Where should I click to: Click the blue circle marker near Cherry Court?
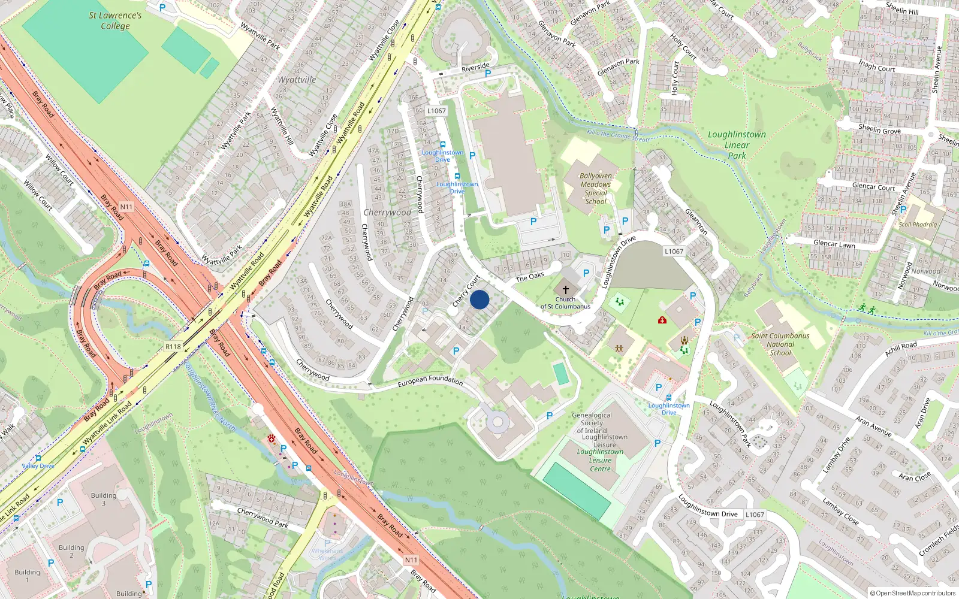pos(479,299)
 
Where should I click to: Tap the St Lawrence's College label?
pos(115,20)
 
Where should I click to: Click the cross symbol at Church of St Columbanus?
pos(565,289)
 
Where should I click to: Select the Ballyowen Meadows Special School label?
pos(596,189)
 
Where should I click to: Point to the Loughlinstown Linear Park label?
pos(737,145)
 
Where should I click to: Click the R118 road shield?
pos(173,346)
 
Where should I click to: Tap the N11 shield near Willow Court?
pos(126,207)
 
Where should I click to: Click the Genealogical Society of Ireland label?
pos(592,423)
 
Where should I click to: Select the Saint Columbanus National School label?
pos(780,344)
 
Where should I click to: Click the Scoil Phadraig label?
pos(917,225)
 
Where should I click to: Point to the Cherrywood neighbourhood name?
pos(387,212)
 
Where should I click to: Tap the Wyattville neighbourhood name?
pos(297,79)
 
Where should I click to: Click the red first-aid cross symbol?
pos(662,320)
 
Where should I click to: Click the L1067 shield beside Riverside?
pos(436,111)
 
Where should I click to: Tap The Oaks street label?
pos(530,277)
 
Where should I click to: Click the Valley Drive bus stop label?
pos(38,465)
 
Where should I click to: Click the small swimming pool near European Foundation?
pos(561,373)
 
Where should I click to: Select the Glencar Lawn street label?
pos(834,244)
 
